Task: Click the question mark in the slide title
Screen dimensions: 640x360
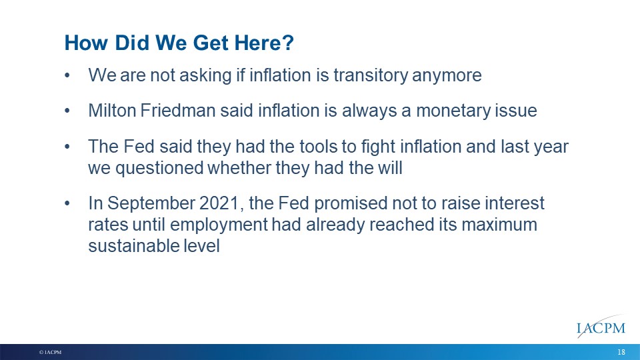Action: tap(288, 43)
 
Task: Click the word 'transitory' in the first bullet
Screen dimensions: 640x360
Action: tap(371, 75)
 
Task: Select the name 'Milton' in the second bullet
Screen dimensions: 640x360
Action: tap(112, 110)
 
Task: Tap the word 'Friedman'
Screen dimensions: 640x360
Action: tap(177, 110)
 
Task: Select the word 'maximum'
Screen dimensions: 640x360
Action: tap(499, 225)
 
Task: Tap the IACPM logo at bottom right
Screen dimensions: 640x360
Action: tap(601, 327)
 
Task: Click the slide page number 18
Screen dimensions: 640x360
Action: tap(621, 352)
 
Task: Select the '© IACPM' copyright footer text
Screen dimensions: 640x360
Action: tap(50, 352)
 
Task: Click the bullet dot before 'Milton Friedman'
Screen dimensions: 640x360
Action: tap(67, 111)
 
